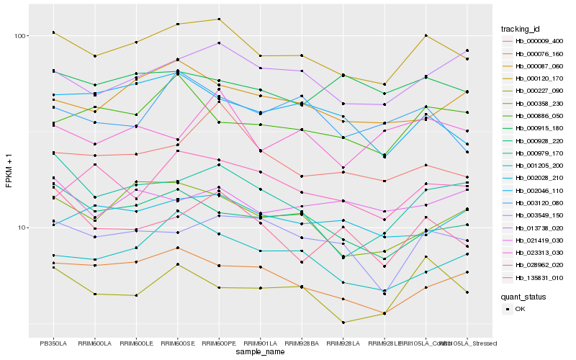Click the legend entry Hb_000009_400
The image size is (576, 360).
pos(539,41)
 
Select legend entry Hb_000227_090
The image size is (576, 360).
pos(539,91)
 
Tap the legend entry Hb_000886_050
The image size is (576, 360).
pos(539,115)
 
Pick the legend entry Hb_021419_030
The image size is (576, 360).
pos(539,240)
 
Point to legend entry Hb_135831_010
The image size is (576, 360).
pos(539,277)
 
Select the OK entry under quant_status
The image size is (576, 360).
pos(520,309)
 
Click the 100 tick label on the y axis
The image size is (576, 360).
pos(20,36)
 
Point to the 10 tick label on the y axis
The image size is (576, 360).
pos(22,228)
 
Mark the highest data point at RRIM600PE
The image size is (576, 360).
pos(219,19)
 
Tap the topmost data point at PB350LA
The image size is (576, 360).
pos(53,32)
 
